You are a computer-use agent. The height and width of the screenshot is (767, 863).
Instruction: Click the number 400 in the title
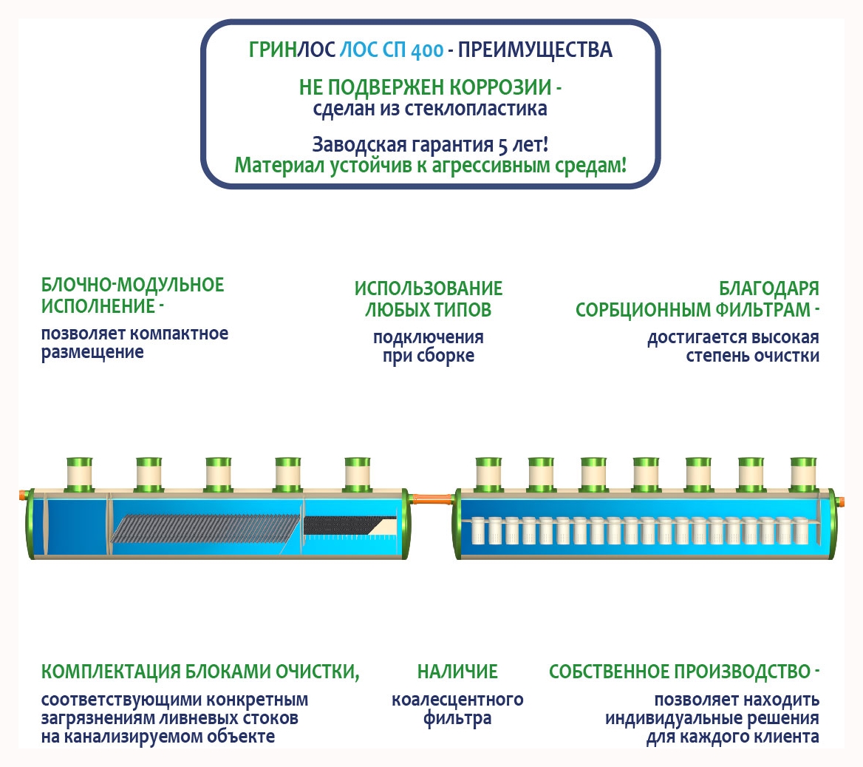point(426,51)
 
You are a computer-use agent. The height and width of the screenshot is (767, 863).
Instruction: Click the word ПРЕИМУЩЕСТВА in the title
point(535,50)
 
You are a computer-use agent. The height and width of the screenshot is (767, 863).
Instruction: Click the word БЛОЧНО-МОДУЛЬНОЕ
point(132,285)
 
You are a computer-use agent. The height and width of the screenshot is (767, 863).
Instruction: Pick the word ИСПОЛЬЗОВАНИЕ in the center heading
point(429,288)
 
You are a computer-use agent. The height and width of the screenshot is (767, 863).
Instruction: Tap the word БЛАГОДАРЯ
point(768,288)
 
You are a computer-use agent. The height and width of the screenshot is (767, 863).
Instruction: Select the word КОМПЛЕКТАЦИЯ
point(111,672)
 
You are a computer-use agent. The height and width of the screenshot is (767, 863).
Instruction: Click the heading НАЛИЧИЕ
point(457,672)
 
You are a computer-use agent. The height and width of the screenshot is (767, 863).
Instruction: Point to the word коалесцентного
point(457,700)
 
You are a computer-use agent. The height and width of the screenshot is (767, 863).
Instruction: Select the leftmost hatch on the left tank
point(79,473)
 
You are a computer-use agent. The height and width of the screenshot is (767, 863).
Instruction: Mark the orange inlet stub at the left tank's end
point(23,493)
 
